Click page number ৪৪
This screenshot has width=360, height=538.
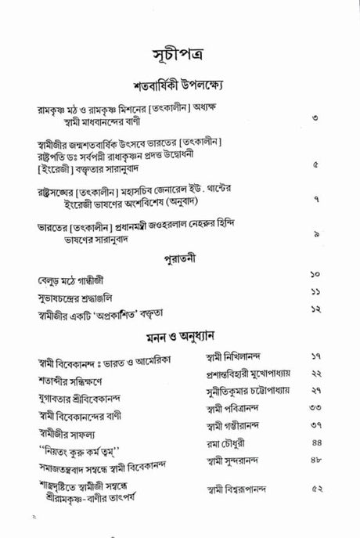tap(316, 443)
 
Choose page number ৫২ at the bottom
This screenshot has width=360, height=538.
tap(316, 490)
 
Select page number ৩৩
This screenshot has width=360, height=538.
tap(316, 408)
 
